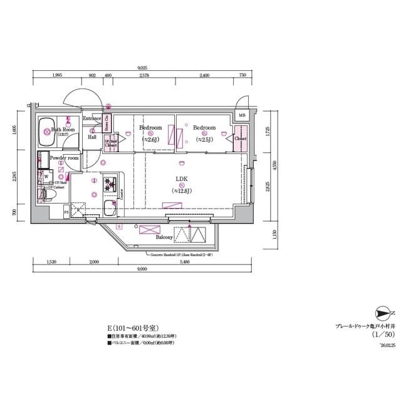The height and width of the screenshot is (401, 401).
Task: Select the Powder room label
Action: [x=65, y=159]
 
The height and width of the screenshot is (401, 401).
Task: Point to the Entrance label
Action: [x=92, y=118]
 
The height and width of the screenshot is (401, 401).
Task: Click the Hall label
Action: [x=92, y=137]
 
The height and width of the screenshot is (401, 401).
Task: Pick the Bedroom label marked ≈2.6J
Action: [x=150, y=128]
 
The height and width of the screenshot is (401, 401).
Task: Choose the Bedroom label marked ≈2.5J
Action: [x=204, y=128]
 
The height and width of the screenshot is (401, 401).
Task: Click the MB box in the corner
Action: [x=242, y=115]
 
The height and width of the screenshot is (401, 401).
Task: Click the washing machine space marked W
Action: [x=46, y=176]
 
